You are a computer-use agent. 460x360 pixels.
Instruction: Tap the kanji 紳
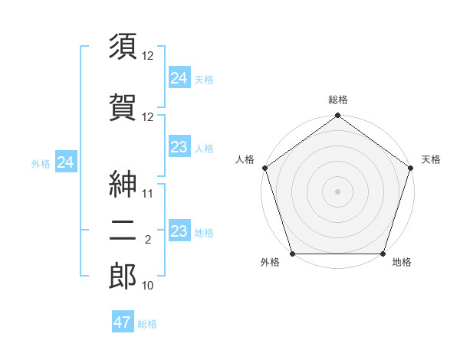(x=123, y=183)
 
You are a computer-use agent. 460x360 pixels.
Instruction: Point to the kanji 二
(x=123, y=234)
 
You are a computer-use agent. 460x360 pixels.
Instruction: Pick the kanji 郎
(x=123, y=277)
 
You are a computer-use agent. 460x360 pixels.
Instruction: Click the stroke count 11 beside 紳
(x=149, y=194)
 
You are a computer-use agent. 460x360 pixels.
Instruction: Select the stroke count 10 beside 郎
(x=149, y=286)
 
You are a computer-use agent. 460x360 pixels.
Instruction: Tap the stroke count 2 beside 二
(x=148, y=241)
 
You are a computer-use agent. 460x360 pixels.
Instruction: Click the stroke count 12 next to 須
(x=149, y=56)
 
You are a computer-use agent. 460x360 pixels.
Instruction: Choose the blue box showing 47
(x=123, y=322)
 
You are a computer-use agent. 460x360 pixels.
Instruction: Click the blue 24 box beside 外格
(x=66, y=162)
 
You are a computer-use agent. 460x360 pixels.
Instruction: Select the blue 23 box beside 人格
(x=179, y=148)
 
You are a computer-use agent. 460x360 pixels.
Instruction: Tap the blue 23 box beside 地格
(x=179, y=231)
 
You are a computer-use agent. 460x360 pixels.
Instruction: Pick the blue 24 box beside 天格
(x=179, y=77)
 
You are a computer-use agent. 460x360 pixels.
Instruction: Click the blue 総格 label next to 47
(x=148, y=324)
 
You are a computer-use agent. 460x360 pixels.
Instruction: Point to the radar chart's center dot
(x=337, y=191)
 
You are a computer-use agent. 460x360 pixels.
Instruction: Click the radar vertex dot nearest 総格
(x=337, y=116)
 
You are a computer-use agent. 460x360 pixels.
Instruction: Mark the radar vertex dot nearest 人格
(x=265, y=168)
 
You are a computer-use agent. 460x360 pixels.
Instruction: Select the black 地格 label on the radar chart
(x=402, y=263)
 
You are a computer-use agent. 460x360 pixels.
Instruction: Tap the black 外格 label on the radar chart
(x=270, y=263)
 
